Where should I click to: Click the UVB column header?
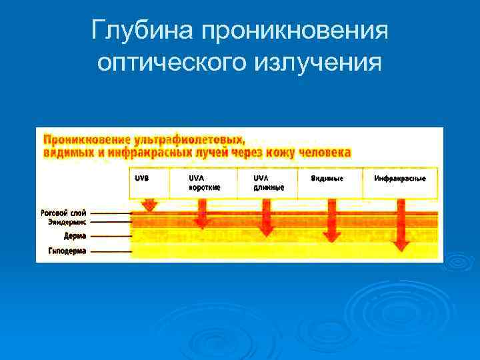coord(143,178)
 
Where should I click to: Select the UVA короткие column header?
coord(203,183)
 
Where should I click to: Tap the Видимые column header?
coord(327,178)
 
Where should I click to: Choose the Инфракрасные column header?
coord(400,178)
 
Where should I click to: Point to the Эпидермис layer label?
coord(67,221)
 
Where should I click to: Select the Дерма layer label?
coord(75,236)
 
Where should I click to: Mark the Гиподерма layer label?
coord(67,251)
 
